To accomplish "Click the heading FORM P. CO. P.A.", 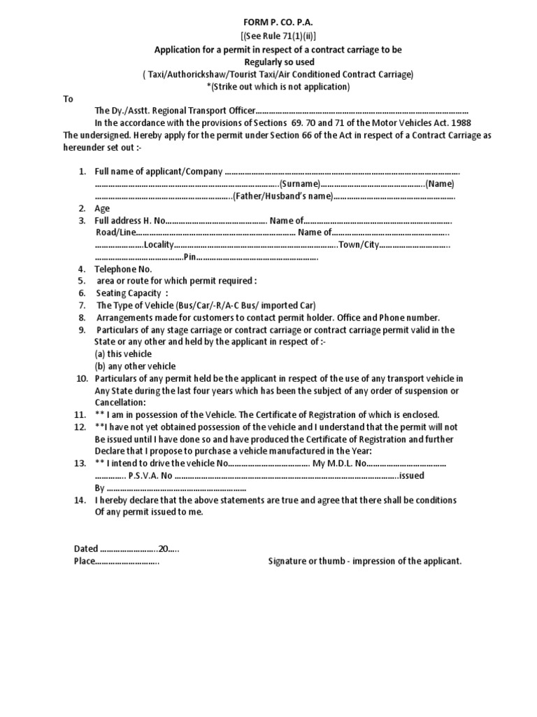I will point(268,22).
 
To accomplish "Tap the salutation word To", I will point(69,99).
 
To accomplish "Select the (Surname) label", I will point(300,184).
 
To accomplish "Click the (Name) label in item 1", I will point(441,184).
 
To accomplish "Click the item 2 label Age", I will point(103,209).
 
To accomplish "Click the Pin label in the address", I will point(189,257).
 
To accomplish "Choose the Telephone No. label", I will point(123,269).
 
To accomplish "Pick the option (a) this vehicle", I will point(123,354).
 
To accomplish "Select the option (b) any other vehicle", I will point(136,366).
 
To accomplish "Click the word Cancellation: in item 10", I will point(120,403).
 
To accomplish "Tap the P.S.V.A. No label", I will point(149,475).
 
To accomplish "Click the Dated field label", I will point(87,549).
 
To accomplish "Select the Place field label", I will point(84,562).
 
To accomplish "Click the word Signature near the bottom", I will point(289,562).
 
